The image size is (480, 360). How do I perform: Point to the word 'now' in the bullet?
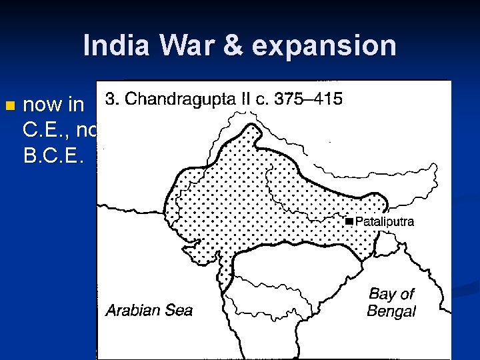click(41, 105)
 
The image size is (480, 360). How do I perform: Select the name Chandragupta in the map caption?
click(180, 100)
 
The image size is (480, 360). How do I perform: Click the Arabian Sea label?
click(149, 309)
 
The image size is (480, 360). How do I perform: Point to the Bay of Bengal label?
click(391, 302)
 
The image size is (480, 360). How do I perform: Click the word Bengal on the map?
click(391, 311)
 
